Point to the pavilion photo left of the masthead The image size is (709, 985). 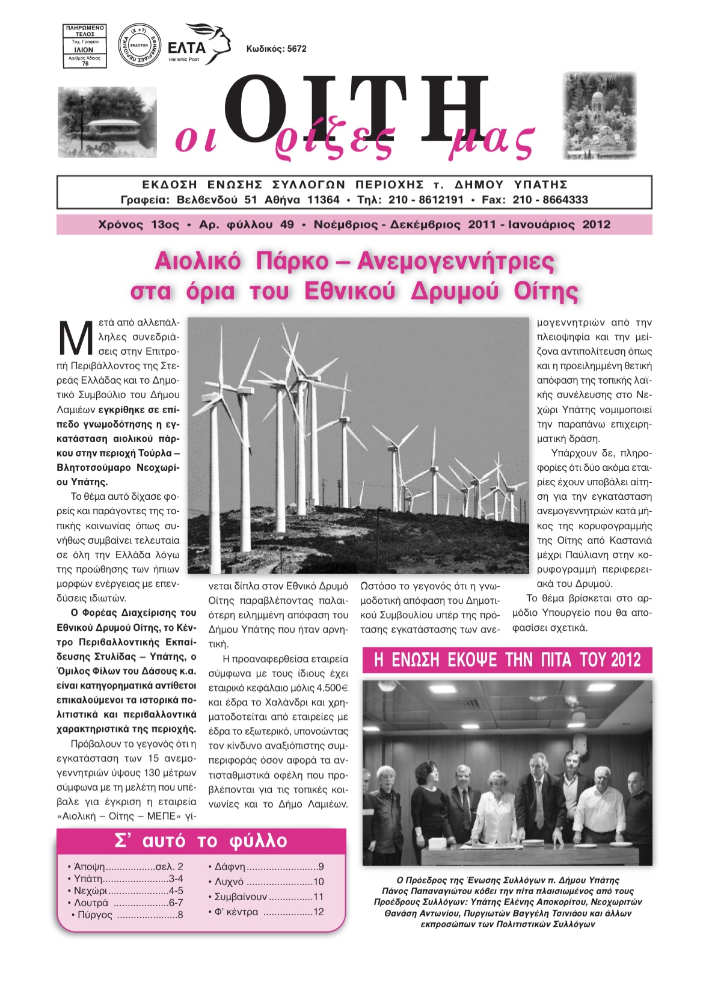tap(108, 122)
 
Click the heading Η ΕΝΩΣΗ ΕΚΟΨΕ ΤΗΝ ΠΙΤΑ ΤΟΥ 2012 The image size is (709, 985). tap(508, 660)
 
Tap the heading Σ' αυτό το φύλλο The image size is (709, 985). tap(201, 841)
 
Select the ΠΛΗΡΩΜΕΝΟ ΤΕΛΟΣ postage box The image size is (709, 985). tap(85, 46)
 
